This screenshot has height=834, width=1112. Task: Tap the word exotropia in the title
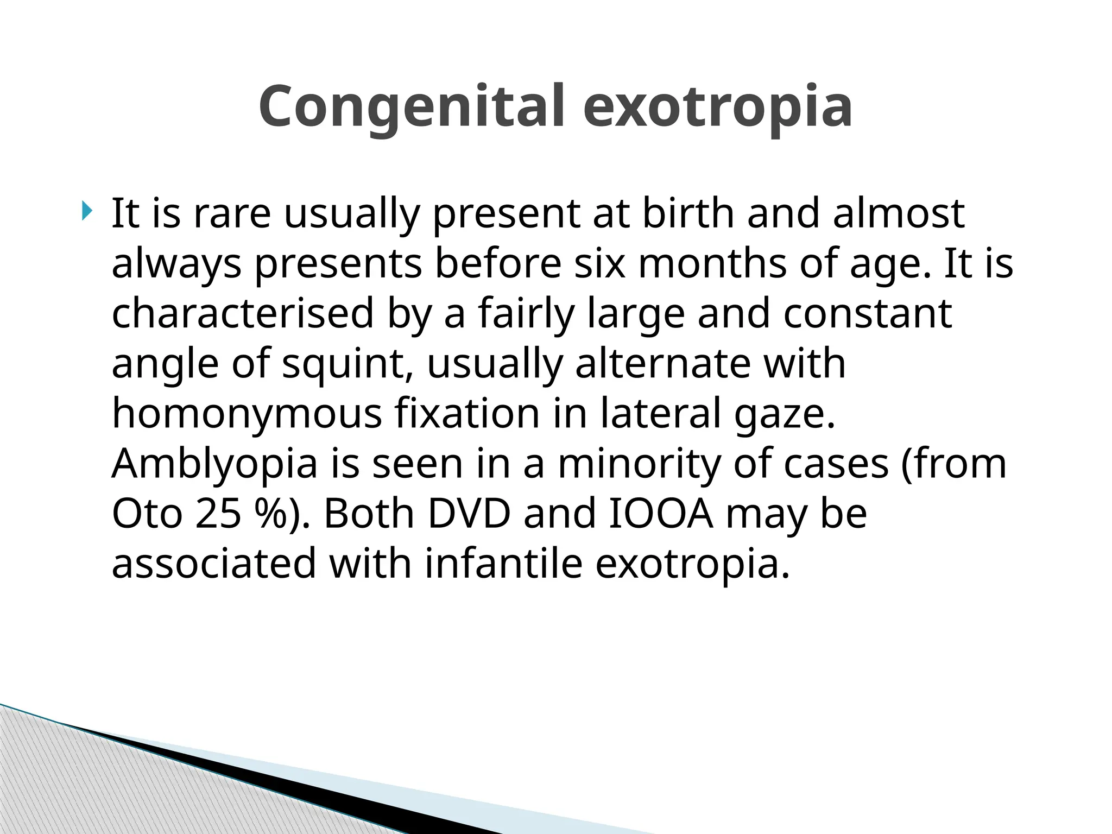(x=717, y=107)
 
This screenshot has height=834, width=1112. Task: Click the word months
(x=712, y=263)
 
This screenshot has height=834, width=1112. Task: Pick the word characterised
(x=243, y=313)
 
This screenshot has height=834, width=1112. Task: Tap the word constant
(x=867, y=313)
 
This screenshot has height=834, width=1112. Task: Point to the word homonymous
(x=247, y=414)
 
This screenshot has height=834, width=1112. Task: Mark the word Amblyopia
(x=214, y=464)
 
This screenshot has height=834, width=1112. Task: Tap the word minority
(x=639, y=464)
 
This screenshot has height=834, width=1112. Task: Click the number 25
(x=218, y=514)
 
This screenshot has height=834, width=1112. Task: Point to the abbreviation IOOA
(x=661, y=514)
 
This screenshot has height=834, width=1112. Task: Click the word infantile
(x=503, y=564)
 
